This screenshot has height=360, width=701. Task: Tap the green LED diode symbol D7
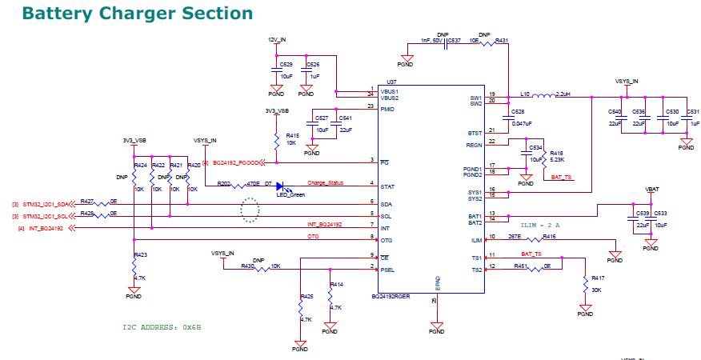pyautogui.click(x=280, y=187)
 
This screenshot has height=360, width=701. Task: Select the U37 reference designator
pyautogui.click(x=391, y=82)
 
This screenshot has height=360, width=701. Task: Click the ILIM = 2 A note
pyautogui.click(x=541, y=226)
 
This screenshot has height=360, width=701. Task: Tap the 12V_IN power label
pyautogui.click(x=277, y=38)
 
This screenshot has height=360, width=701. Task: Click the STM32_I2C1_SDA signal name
pyautogui.click(x=40, y=204)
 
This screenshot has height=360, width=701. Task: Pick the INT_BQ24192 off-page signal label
pyautogui.click(x=48, y=230)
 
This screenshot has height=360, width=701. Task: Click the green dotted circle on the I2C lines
pyautogui.click(x=251, y=210)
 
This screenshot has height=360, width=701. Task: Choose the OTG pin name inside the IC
pyautogui.click(x=387, y=240)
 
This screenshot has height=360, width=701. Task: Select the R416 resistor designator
pyautogui.click(x=549, y=237)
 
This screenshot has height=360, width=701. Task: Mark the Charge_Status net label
pyautogui.click(x=325, y=183)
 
